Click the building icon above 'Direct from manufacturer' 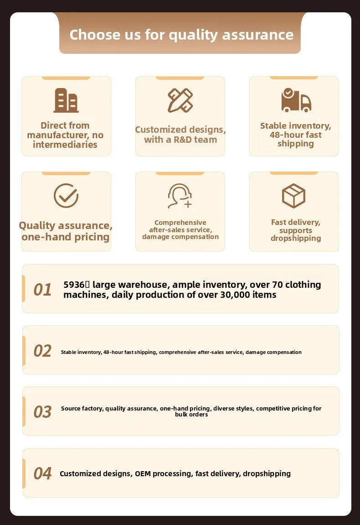pos(66,100)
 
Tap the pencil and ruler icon pos(180,100)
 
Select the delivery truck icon pos(296,100)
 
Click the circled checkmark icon pos(66,196)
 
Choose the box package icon pos(293,196)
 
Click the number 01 pos(42,290)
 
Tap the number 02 pos(42,351)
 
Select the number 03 pos(42,412)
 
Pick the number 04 pos(42,473)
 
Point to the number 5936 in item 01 pos(74,285)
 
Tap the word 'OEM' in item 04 pos(143,473)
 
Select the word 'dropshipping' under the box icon pos(296,238)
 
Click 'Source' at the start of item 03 pos(71,409)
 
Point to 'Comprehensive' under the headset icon pos(180,223)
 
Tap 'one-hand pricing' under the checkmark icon pos(66,237)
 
